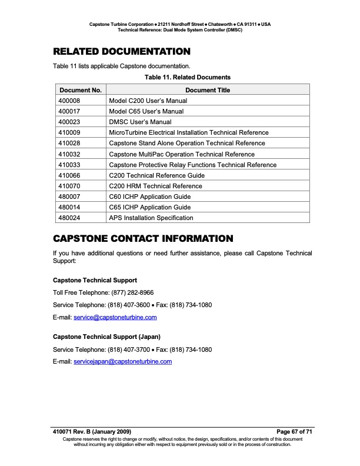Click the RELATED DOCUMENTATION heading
pos(122,51)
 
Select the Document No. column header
pos(81,90)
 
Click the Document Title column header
pos(208,90)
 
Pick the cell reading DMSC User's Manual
pos(141,122)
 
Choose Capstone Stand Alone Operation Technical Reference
pos(187,143)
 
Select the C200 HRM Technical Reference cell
pos(155,186)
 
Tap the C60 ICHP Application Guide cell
pos(150,197)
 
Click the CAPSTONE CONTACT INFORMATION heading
pos(143,239)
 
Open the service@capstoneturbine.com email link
pos(115,317)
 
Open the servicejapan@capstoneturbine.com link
pos(122,361)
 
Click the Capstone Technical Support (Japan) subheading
pos(107,337)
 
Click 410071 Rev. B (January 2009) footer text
pos(92,432)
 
